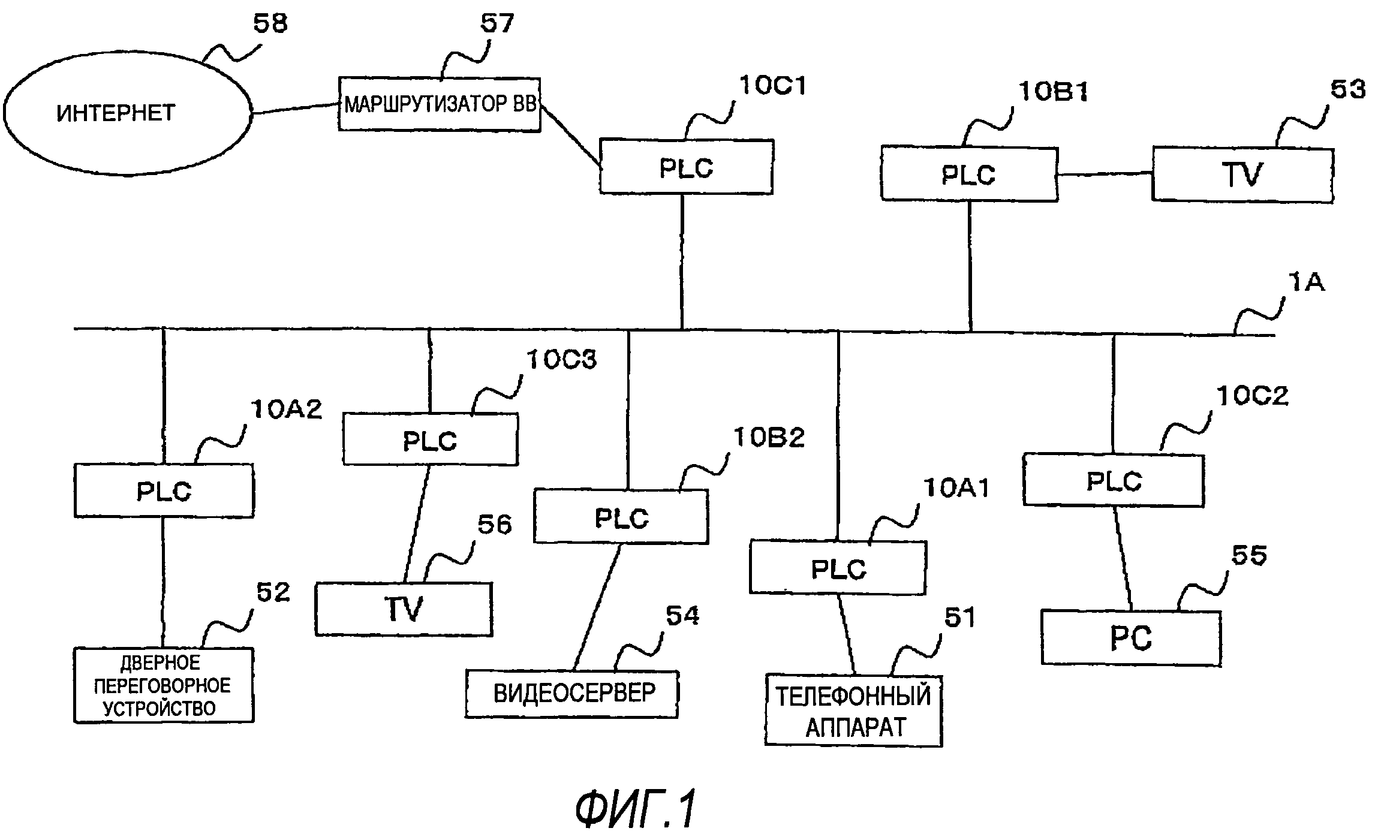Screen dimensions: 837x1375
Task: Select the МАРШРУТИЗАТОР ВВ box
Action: (439, 104)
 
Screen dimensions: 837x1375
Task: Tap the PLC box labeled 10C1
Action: (686, 167)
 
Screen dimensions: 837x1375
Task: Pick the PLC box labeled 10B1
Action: (968, 174)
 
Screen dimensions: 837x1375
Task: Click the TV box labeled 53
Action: (1242, 175)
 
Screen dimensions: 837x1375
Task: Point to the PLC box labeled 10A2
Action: (164, 490)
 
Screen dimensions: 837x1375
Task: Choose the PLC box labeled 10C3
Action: (430, 439)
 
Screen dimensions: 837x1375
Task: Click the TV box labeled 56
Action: (404, 609)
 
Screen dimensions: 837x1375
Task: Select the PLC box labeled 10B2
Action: (621, 517)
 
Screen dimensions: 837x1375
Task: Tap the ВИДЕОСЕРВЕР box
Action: (572, 694)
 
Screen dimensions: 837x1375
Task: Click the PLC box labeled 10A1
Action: (838, 567)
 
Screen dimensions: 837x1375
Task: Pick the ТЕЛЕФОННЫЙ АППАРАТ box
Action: (853, 711)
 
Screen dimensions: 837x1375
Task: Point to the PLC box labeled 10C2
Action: (1114, 480)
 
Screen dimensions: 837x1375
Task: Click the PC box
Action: (1131, 637)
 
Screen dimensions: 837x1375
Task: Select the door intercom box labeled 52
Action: (164, 685)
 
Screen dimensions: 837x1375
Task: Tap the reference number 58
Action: (270, 24)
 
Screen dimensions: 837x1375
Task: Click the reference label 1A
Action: (1306, 282)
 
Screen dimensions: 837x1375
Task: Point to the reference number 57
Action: (497, 24)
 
